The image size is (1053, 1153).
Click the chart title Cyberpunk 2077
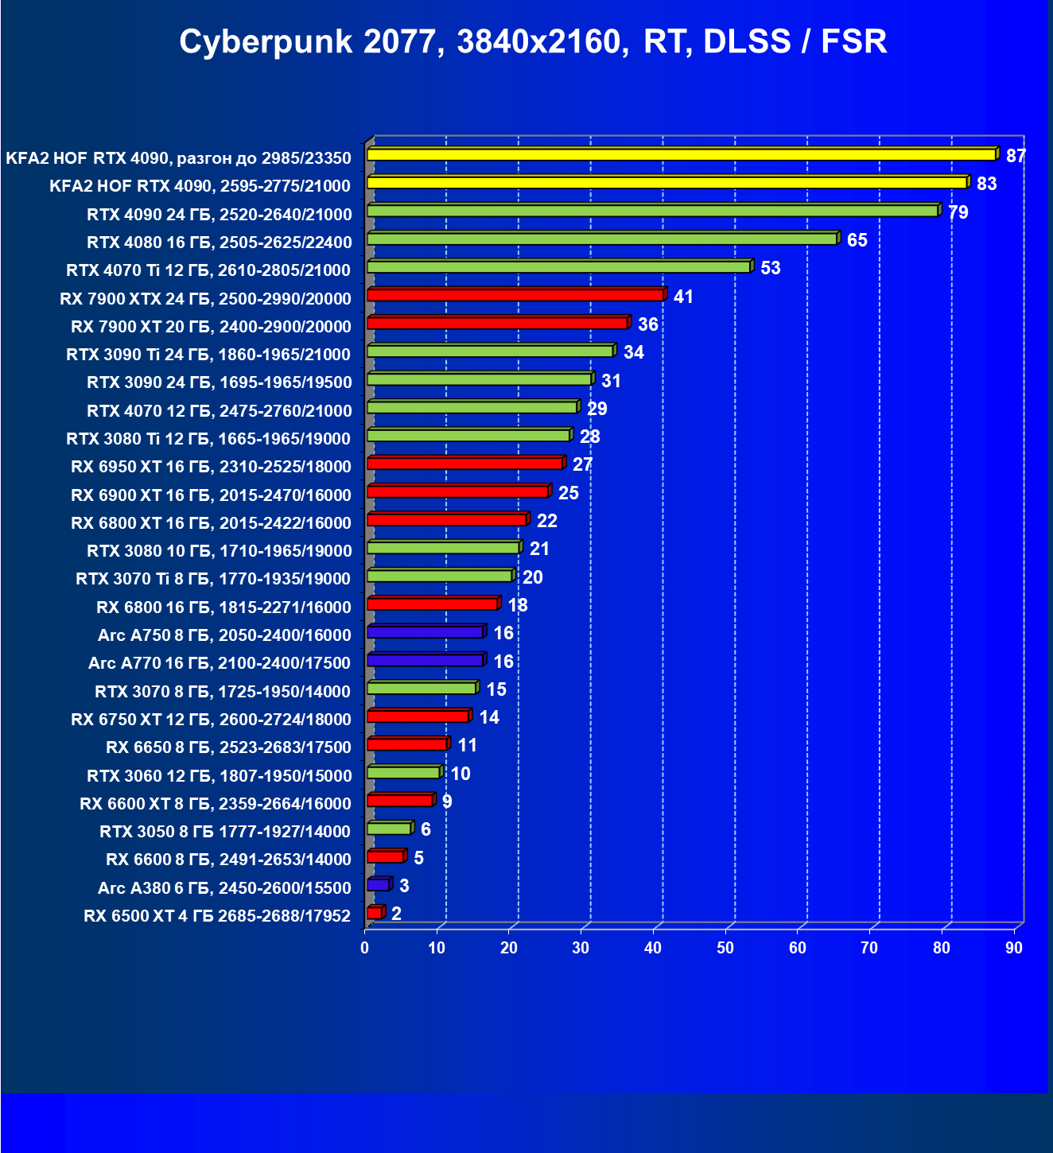pyautogui.click(x=533, y=41)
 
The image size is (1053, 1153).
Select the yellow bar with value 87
pyautogui.click(x=682, y=154)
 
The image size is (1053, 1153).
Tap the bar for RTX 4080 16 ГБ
pyautogui.click(x=602, y=239)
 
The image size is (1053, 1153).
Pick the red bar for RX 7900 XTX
pyautogui.click(x=515, y=295)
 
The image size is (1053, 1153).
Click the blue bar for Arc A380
pyautogui.click(x=379, y=885)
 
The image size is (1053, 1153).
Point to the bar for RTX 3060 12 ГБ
pyautogui.click(x=404, y=773)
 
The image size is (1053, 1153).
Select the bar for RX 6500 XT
pyautogui.click(x=375, y=913)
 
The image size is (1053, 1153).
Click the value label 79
pyautogui.click(x=958, y=212)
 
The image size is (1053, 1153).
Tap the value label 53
pyautogui.click(x=770, y=268)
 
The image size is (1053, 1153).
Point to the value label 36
pyautogui.click(x=647, y=324)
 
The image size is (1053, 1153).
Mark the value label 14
pyautogui.click(x=488, y=717)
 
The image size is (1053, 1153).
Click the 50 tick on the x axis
pyautogui.click(x=725, y=948)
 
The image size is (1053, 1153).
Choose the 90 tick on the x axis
pyautogui.click(x=1013, y=948)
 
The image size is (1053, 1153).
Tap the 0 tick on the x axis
pyautogui.click(x=365, y=948)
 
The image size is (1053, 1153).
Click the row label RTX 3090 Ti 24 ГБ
pyautogui.click(x=208, y=355)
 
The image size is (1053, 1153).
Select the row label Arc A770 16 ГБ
pyautogui.click(x=220, y=663)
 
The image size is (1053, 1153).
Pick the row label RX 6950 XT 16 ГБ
pyautogui.click(x=211, y=467)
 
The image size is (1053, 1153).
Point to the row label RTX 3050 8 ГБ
pyautogui.click(x=225, y=832)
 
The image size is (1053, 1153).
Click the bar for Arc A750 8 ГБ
pyautogui.click(x=425, y=632)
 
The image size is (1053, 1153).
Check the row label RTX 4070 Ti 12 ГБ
pyautogui.click(x=208, y=270)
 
